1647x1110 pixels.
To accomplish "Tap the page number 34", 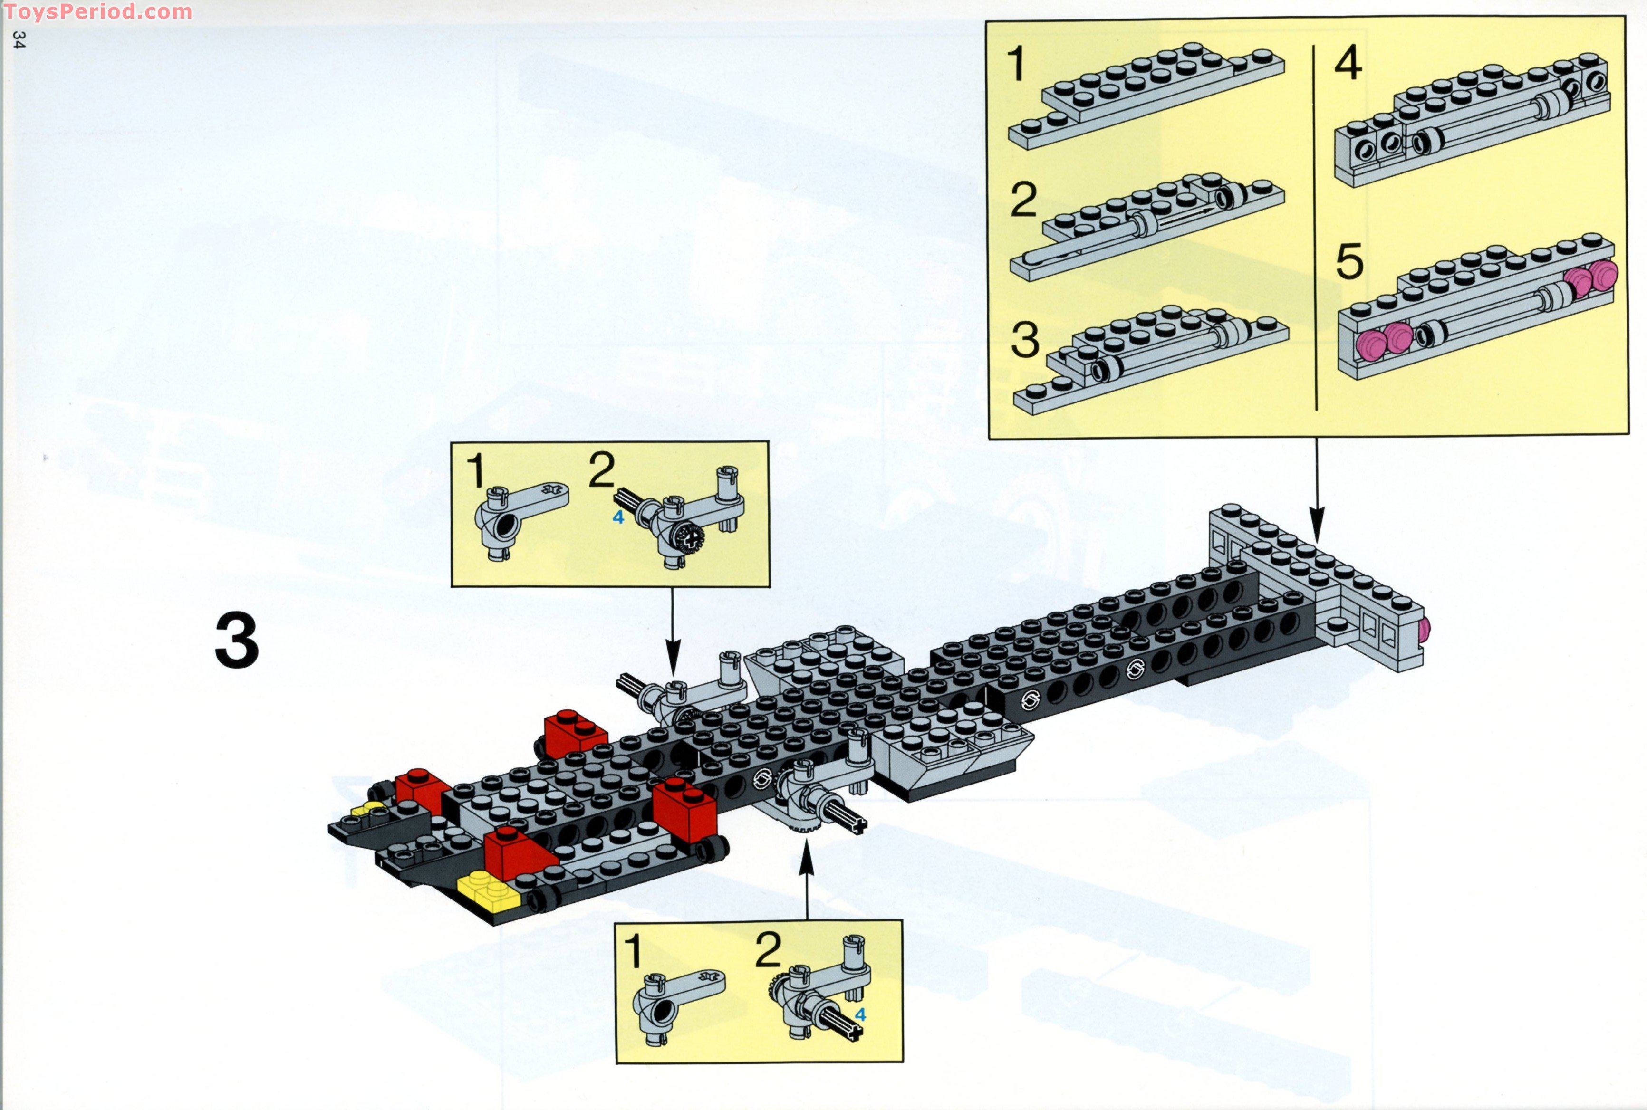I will pyautogui.click(x=19, y=39).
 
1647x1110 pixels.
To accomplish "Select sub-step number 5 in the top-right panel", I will pyautogui.click(x=1349, y=262).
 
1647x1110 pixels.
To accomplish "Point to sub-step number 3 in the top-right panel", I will pyautogui.click(x=1025, y=339).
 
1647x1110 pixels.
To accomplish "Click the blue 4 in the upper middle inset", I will pyautogui.click(x=618, y=517).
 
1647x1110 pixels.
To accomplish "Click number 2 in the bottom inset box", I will pyautogui.click(x=768, y=950).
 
